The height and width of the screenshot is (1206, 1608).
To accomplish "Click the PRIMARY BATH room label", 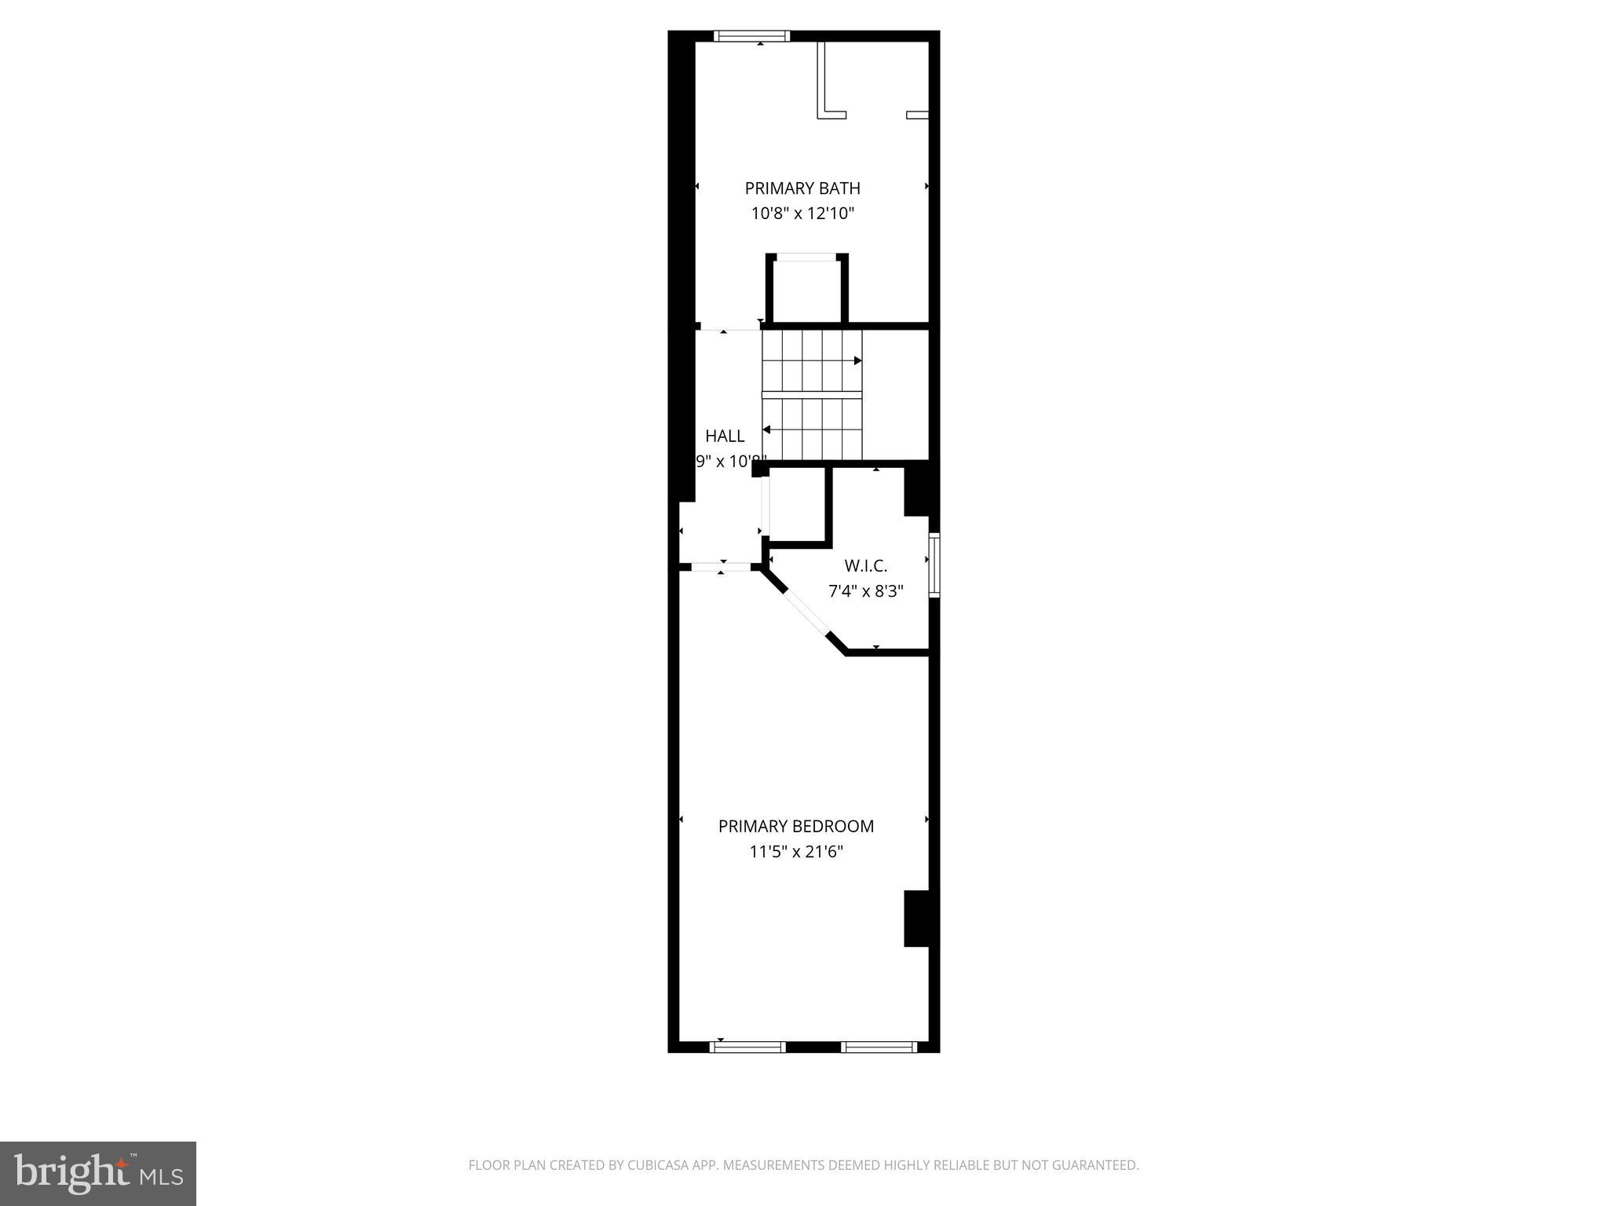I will point(802,188).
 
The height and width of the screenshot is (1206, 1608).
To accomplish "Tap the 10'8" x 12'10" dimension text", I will point(802,213).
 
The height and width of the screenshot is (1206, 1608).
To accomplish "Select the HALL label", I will point(724,437).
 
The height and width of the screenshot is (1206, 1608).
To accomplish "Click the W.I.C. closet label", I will point(865,565).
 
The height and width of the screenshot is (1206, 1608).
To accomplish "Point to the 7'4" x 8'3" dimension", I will point(865,591).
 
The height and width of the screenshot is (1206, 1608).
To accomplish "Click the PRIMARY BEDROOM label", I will point(795,826).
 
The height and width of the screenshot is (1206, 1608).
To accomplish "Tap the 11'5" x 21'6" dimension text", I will point(795,852).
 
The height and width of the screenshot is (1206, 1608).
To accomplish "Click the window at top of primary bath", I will point(751,36).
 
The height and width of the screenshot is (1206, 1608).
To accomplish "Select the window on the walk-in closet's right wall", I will point(934,565).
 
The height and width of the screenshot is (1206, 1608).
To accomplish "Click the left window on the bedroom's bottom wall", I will point(747,1046).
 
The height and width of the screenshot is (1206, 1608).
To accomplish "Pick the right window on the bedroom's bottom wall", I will point(878,1046).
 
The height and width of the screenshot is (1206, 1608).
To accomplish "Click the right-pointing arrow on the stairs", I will point(857,360).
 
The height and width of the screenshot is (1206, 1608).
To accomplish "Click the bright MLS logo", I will point(97,1173).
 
